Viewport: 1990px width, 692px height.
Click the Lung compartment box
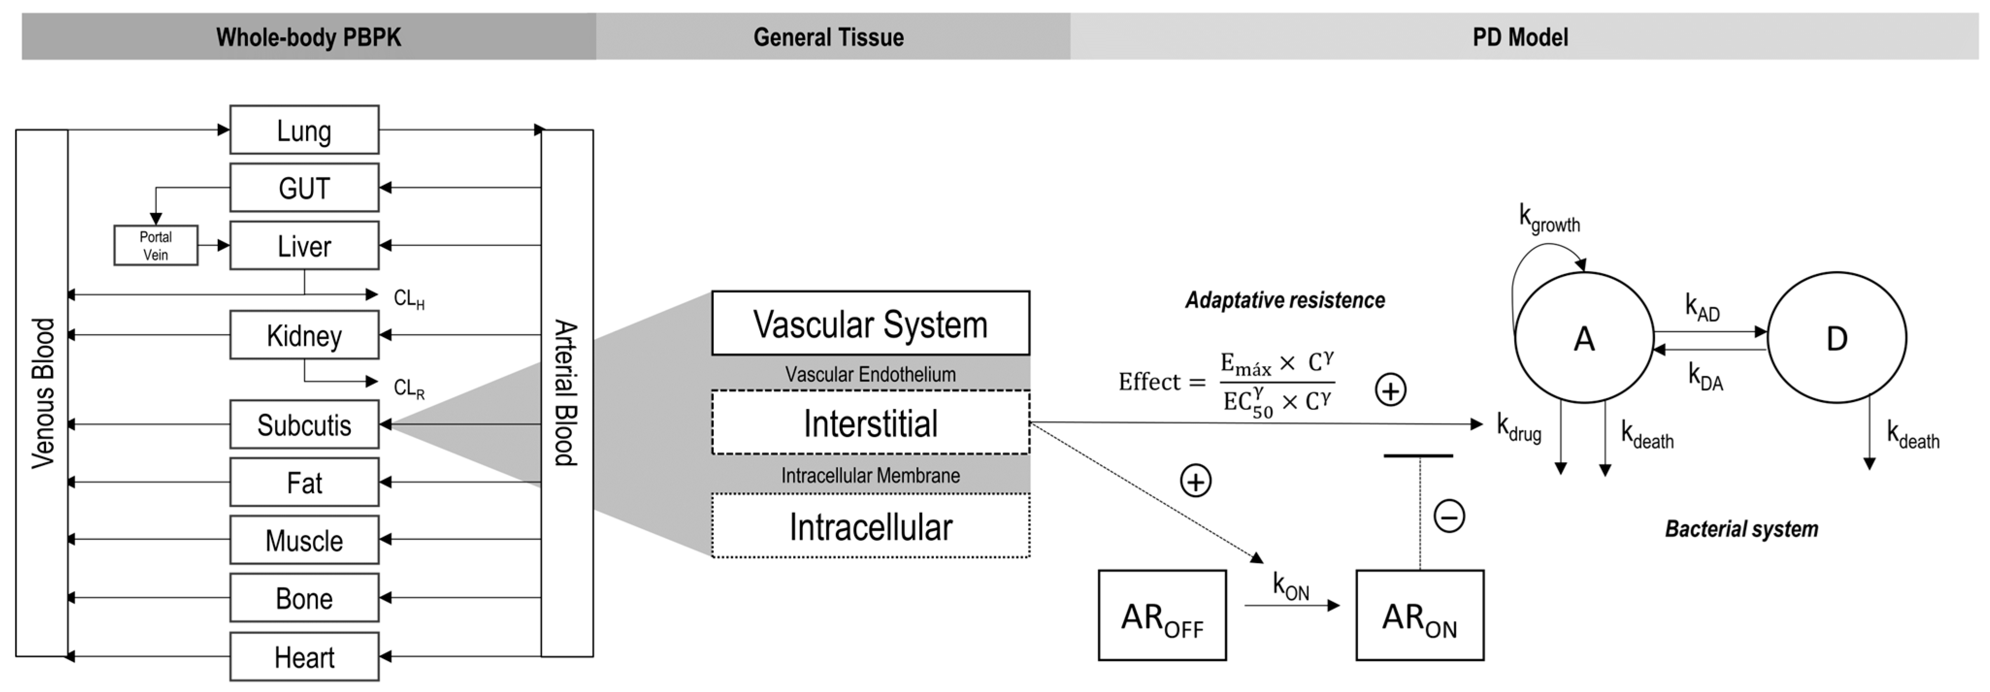point(304,130)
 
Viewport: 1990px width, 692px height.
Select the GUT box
point(304,188)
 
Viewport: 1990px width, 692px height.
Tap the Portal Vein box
point(155,245)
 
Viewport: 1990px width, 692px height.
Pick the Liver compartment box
point(304,245)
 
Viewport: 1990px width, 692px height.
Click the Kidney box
point(304,335)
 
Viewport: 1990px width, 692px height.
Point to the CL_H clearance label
point(408,298)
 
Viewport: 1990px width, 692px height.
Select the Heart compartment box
point(304,657)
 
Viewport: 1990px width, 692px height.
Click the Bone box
point(304,598)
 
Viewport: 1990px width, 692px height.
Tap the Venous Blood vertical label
point(43,393)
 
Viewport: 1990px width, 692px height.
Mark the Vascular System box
point(871,323)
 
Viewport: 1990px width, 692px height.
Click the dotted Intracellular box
point(871,526)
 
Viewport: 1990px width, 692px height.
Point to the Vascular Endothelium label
point(871,374)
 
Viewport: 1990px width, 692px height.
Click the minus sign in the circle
point(1449,516)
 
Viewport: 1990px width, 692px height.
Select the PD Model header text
point(1519,37)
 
